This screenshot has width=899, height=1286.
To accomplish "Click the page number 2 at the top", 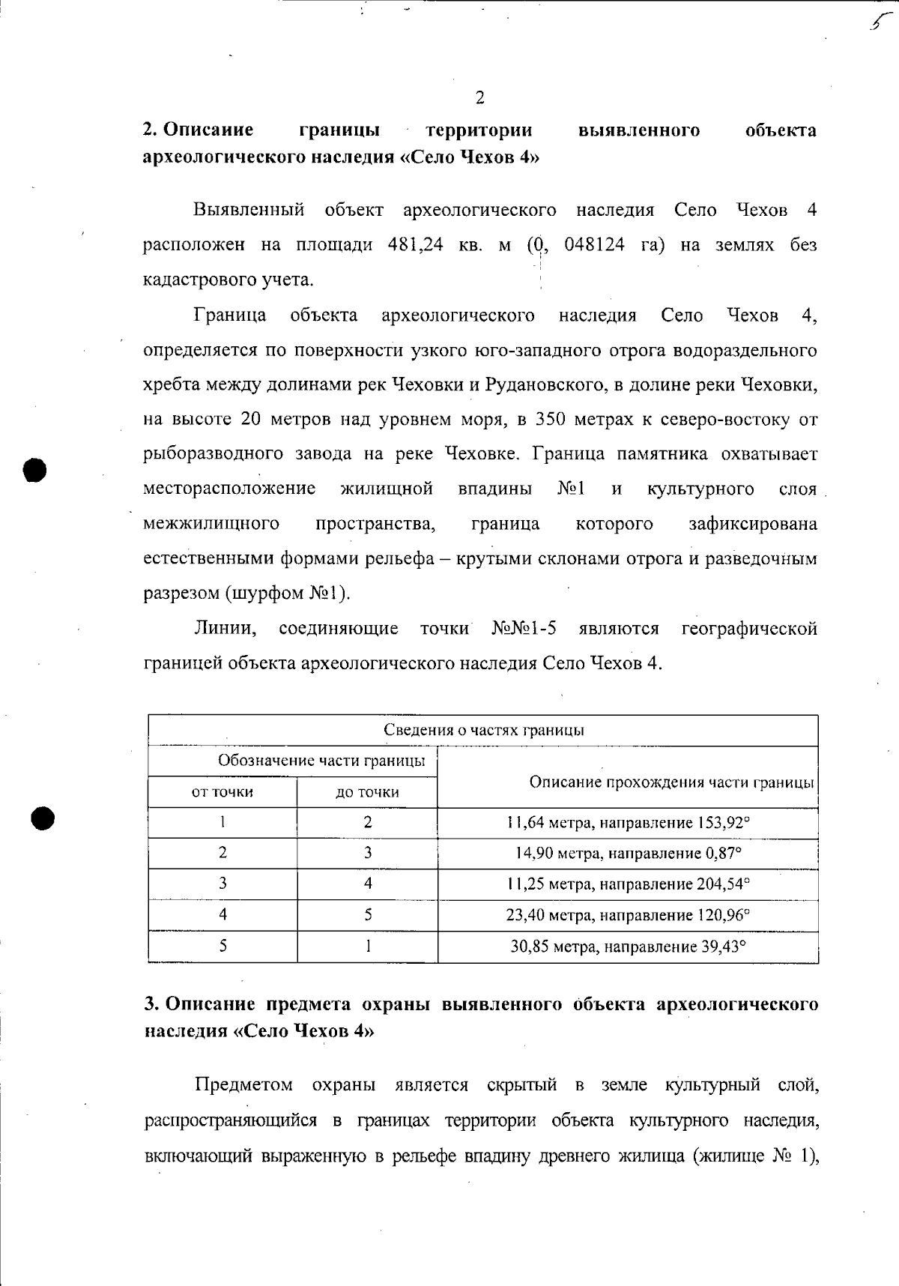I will point(479,98).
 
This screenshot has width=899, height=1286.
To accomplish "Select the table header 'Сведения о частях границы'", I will point(483,731).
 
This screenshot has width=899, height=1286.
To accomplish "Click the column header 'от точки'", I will point(223,792).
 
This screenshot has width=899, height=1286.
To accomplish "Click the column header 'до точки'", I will point(367,792).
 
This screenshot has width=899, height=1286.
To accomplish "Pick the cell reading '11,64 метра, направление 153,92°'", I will point(628,823).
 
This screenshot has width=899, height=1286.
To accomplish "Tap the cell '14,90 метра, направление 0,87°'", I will point(628,854).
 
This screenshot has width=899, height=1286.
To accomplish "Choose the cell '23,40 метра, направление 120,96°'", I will point(628,915).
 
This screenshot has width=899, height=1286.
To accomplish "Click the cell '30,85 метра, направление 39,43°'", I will point(628,947).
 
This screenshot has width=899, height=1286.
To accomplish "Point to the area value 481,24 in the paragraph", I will point(415,246).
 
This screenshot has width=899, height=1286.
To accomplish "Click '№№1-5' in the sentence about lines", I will point(524,629).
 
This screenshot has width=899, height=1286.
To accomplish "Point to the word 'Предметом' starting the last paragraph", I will point(243,1085).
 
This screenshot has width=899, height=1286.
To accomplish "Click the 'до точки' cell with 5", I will point(367,915).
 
